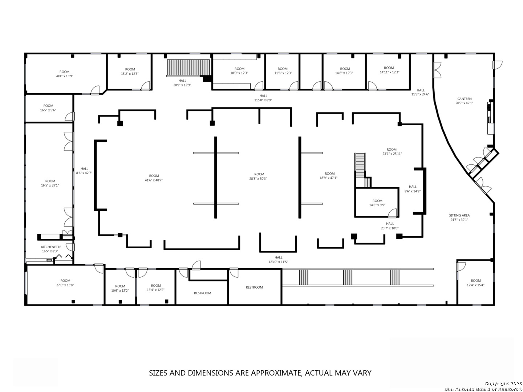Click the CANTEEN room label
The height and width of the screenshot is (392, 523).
[464, 99]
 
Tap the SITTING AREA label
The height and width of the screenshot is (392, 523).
[459, 215]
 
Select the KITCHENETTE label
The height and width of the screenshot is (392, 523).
[51, 247]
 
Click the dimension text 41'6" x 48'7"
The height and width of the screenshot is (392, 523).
[154, 180]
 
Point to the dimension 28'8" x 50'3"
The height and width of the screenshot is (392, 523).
[258, 179]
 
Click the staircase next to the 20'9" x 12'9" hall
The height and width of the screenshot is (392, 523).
[188, 68]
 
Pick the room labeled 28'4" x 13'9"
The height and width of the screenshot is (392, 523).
[64, 74]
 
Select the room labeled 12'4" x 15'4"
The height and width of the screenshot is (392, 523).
[476, 283]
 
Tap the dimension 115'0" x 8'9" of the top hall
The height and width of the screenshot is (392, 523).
[263, 100]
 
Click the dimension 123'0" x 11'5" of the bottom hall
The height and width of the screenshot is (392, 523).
[278, 262]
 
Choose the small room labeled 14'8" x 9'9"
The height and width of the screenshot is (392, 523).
[377, 203]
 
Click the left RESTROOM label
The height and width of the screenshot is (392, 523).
[202, 293]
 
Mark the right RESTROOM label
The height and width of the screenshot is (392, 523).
[254, 287]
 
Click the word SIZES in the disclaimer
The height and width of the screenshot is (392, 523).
[159, 373]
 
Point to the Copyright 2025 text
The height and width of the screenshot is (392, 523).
[503, 383]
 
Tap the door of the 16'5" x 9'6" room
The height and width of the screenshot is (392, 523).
[69, 116]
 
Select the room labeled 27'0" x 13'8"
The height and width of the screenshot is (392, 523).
[65, 283]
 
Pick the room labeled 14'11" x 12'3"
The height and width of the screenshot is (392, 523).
[389, 70]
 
